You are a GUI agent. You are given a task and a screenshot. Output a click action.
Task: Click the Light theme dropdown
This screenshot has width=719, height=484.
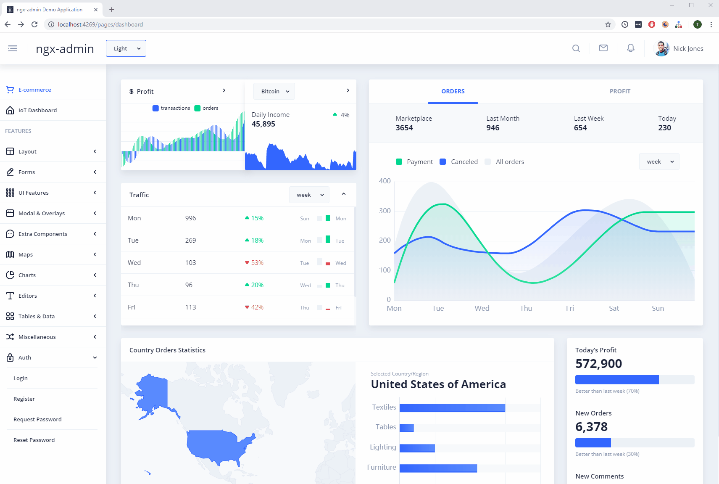click(x=126, y=48)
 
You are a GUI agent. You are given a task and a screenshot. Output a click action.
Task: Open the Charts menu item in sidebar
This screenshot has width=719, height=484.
click(x=27, y=275)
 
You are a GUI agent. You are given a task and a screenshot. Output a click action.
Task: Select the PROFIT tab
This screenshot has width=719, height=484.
click(x=620, y=91)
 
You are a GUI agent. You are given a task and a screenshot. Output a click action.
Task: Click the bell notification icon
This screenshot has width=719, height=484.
click(x=630, y=48)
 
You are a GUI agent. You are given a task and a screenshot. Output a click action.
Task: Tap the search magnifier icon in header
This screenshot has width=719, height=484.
click(x=576, y=48)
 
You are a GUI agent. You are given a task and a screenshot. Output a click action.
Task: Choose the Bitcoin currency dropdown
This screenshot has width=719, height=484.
click(x=274, y=91)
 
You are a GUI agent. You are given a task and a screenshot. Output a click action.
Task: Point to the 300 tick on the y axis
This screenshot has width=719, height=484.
click(x=385, y=211)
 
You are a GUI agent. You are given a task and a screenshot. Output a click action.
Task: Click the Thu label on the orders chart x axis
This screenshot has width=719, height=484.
click(x=526, y=308)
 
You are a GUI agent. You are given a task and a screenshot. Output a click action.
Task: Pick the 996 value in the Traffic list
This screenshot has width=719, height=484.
click(x=190, y=218)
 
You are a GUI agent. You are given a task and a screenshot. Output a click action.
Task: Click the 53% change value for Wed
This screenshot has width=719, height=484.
click(x=257, y=263)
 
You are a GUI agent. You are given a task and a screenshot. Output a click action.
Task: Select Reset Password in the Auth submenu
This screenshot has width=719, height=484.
click(x=34, y=440)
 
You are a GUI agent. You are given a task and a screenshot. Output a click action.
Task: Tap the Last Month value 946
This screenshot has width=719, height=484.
click(x=493, y=128)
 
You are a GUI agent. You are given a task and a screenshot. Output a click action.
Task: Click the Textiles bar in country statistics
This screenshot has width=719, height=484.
click(x=452, y=408)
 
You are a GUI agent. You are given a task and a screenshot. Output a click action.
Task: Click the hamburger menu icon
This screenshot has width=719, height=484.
click(x=13, y=48)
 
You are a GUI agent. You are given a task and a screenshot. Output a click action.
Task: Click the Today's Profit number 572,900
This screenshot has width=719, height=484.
click(x=598, y=364)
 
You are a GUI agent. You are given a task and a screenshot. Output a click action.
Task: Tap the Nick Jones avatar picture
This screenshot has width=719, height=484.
click(x=662, y=48)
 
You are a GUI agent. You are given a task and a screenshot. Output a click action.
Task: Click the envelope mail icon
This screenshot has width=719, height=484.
click(x=603, y=48)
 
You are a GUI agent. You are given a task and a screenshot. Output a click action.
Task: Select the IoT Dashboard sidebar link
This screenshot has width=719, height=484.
click(x=37, y=110)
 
